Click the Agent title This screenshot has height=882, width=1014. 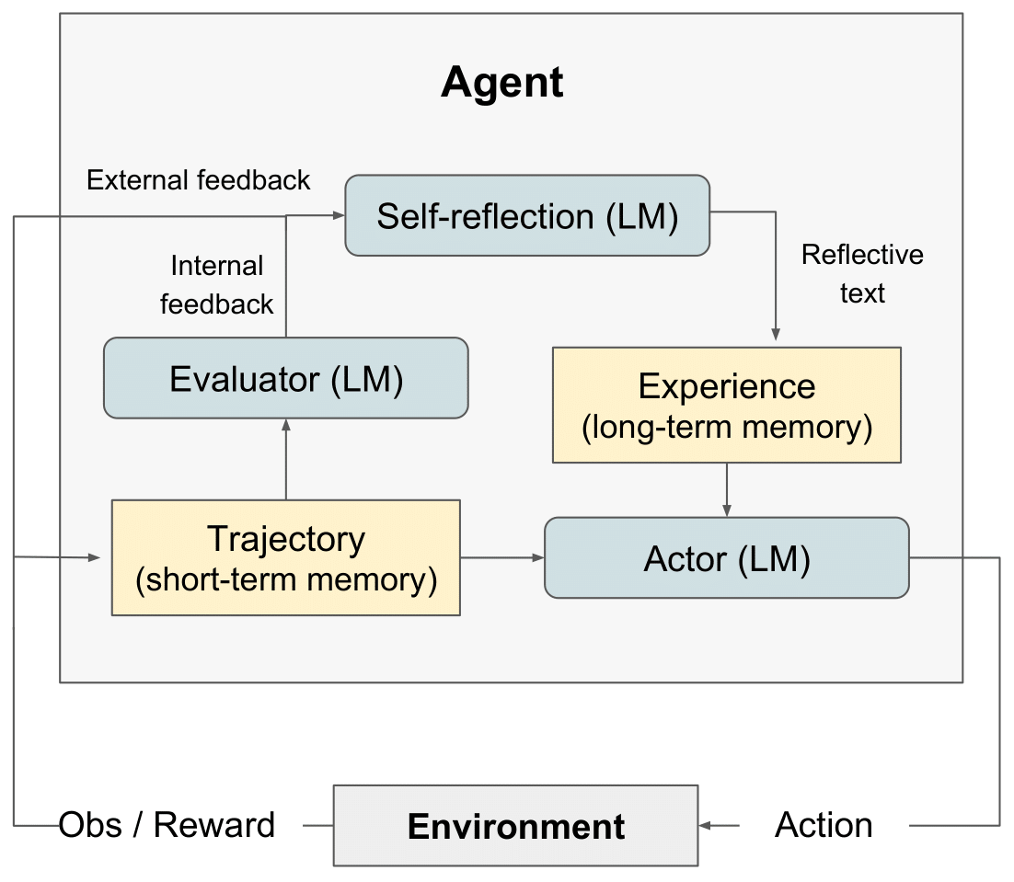[501, 83]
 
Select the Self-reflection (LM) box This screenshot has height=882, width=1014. [527, 216]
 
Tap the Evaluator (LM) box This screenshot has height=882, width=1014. [286, 378]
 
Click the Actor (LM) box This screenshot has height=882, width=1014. [727, 558]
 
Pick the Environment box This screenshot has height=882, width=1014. [515, 826]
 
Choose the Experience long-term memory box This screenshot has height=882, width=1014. [727, 405]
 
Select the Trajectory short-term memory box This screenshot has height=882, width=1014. [286, 557]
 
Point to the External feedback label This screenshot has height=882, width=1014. [199, 179]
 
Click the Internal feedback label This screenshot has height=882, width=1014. [217, 285]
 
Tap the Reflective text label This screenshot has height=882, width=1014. [862, 273]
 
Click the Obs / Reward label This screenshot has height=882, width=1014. [167, 825]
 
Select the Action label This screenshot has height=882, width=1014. [824, 825]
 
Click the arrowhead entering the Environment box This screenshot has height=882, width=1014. [707, 826]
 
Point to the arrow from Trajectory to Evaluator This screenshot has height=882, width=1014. [286, 459]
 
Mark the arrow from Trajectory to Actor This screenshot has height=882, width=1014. [501, 557]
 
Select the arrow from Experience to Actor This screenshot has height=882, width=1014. [727, 489]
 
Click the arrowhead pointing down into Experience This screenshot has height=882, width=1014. [776, 336]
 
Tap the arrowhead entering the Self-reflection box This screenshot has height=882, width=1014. [337, 215]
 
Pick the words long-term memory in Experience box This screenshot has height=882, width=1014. [727, 429]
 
